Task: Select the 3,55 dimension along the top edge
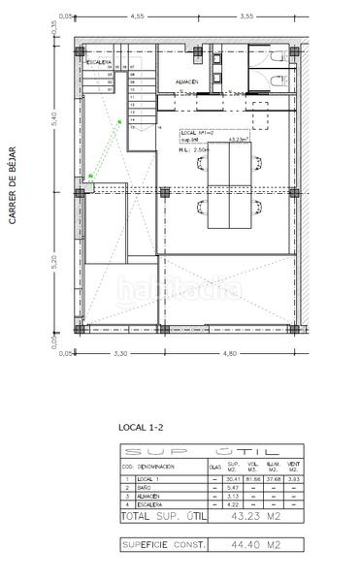246,16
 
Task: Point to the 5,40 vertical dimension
54,116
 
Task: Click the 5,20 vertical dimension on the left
54,261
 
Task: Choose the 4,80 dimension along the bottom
229,354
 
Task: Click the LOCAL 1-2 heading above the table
139,427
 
